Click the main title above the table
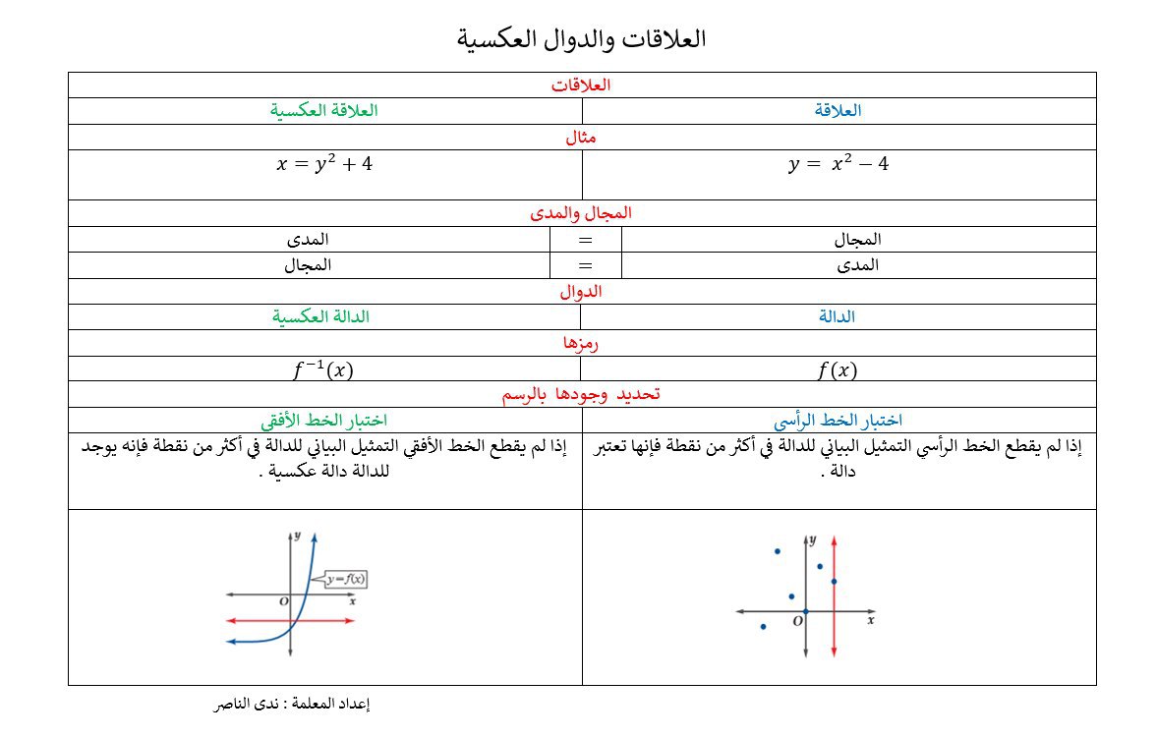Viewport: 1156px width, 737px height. tap(582, 39)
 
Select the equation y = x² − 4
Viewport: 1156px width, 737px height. tap(838, 164)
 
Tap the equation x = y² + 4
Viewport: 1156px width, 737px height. tap(324, 164)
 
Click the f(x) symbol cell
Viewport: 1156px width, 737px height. tap(838, 370)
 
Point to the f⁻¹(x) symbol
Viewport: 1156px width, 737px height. tap(323, 370)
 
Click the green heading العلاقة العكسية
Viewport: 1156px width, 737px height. tap(324, 110)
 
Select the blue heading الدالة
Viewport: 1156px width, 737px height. tap(837, 316)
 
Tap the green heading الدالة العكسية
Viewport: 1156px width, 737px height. tap(321, 316)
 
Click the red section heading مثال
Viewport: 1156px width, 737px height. tap(581, 138)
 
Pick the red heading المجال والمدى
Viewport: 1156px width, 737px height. tap(581, 212)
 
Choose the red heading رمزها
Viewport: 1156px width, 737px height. tap(581, 343)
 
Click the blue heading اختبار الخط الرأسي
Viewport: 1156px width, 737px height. tap(838, 421)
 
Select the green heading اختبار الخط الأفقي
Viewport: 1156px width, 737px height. tap(323, 421)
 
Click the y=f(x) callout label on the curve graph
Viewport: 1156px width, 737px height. tap(345, 580)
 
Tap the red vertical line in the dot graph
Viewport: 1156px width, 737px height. tap(834, 629)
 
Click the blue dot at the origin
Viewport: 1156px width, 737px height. tap(805, 612)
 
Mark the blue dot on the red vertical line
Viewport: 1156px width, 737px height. tap(834, 581)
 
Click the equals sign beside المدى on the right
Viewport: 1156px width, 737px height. tap(586, 265)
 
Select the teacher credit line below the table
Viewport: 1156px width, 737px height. tap(291, 704)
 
